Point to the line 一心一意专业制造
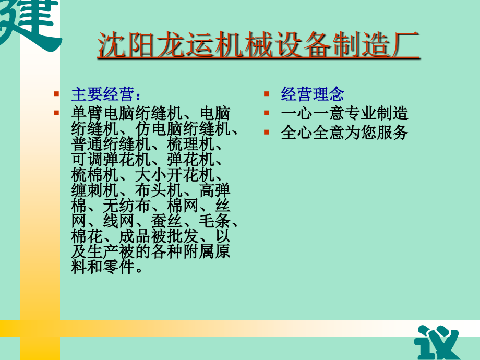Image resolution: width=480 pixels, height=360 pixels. (344, 113)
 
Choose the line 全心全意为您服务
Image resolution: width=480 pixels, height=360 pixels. (344, 132)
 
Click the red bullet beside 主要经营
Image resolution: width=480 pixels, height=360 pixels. (57, 95)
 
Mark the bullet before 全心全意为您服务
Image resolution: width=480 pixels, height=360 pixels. (267, 132)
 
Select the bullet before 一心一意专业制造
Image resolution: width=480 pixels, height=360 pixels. (267, 113)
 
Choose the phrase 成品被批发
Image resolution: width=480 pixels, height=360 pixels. (159, 237)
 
